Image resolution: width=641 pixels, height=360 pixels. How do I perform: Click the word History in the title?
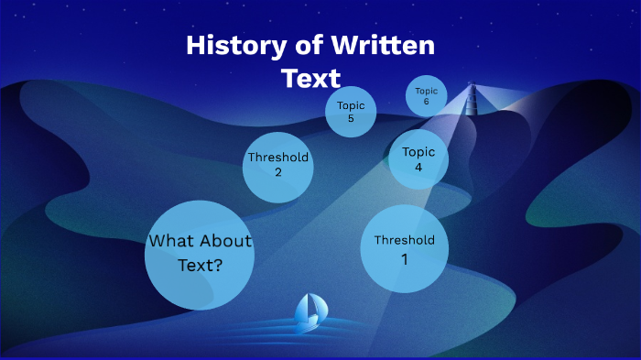point(225,46)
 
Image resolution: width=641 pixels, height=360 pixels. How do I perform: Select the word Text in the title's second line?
point(310,78)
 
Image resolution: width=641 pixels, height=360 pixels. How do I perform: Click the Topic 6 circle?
point(427,95)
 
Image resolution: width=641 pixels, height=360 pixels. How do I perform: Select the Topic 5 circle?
point(351,112)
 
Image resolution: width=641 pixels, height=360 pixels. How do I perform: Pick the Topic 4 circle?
point(418,159)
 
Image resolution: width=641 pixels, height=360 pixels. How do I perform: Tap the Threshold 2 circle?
point(277,165)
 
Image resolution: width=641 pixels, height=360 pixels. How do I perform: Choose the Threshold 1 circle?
point(404,249)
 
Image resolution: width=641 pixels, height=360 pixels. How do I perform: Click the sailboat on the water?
point(309,312)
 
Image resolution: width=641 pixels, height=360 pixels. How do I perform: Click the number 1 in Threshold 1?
point(404,259)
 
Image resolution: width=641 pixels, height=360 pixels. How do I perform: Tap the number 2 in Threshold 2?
point(277,172)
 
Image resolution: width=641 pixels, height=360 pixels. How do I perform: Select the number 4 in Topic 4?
point(418,168)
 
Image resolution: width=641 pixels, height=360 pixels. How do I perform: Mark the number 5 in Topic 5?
point(351,118)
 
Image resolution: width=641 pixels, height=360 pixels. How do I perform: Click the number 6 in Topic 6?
point(427,101)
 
